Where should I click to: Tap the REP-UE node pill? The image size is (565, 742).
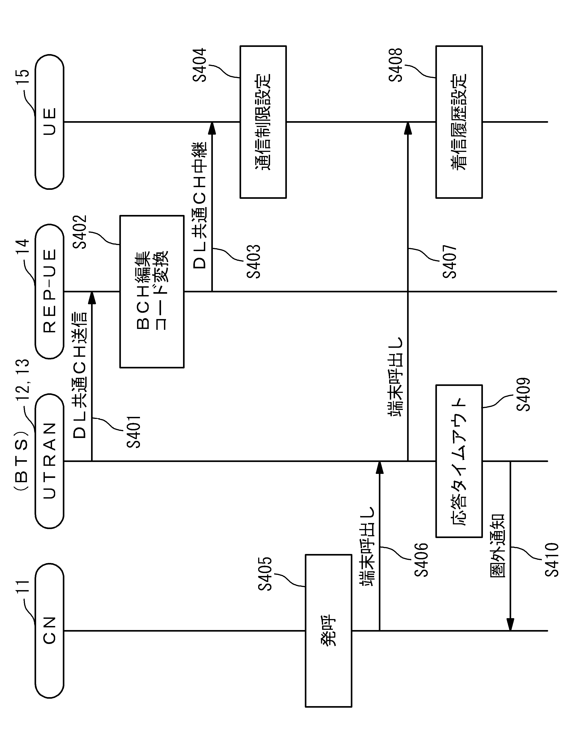pos(49,291)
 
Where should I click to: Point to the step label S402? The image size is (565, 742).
pos(80,232)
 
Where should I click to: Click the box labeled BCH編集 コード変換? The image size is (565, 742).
pos(152,291)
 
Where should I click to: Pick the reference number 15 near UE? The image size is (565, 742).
pos(22,77)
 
